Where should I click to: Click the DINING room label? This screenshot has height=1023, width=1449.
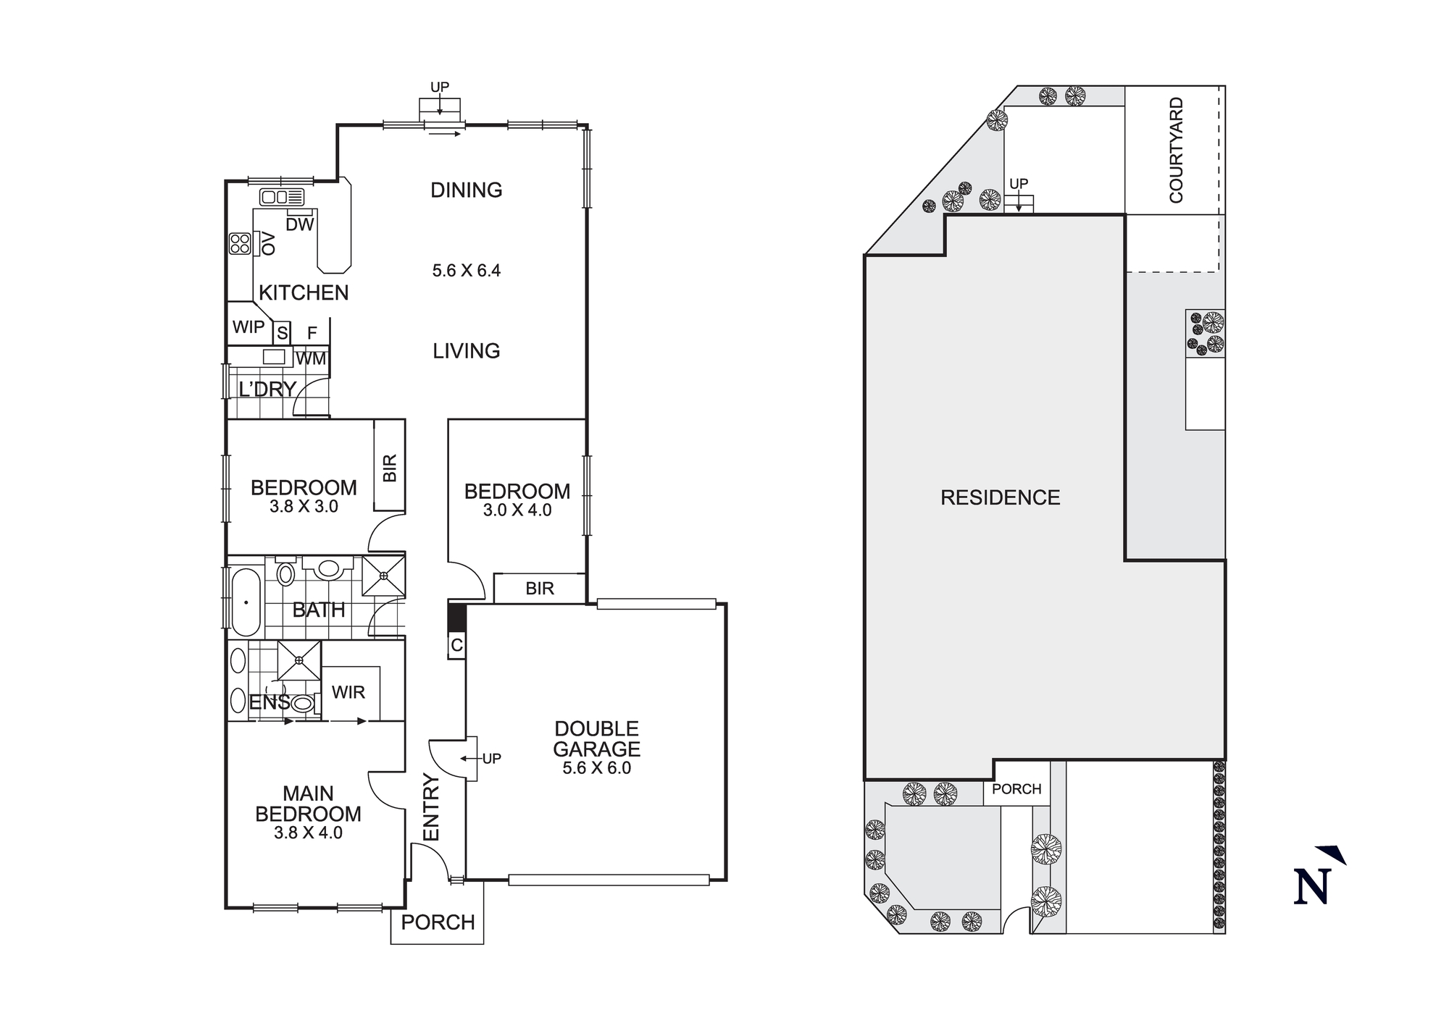[466, 190]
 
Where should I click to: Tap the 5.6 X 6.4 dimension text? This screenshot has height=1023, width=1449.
[466, 271]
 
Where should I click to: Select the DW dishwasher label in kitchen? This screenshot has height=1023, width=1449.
[299, 224]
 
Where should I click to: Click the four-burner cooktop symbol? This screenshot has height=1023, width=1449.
[240, 243]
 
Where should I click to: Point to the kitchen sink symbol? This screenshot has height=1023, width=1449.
[282, 197]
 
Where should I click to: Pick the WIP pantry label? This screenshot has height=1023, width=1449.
[248, 327]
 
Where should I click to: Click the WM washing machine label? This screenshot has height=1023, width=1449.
[311, 358]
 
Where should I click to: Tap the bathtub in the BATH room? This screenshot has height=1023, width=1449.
[246, 602]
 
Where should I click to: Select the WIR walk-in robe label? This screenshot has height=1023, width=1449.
[348, 692]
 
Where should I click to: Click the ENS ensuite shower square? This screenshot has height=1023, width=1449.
[299, 660]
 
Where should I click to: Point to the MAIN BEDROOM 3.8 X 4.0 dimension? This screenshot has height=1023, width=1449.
[308, 833]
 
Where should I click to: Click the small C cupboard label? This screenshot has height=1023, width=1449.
[456, 645]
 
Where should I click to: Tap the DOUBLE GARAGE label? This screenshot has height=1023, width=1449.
[596, 738]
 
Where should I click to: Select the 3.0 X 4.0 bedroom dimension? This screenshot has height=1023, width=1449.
[517, 510]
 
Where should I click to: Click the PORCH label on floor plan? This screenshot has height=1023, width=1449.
[438, 922]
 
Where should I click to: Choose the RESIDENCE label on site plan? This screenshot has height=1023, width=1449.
[1000, 497]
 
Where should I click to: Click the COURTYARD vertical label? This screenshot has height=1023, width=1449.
[1176, 150]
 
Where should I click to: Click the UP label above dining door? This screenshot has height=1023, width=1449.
[440, 87]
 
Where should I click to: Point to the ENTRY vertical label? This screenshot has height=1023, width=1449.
[431, 807]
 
